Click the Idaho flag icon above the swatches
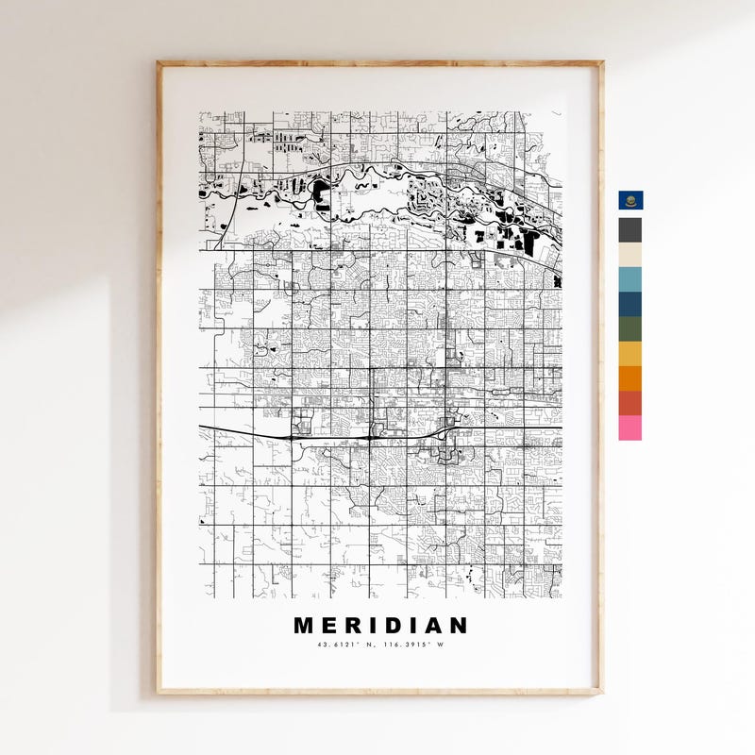tap(630, 201)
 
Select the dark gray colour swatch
tap(630, 229)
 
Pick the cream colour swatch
tap(630, 254)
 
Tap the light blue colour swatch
tap(630, 278)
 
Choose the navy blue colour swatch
tap(630, 303)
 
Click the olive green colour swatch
tap(630, 328)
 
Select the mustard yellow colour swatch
tap(630, 353)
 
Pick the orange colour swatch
tap(630, 377)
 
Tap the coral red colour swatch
tap(630, 402)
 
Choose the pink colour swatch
tap(630, 428)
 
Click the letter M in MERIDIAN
tap(304, 626)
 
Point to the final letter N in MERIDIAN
tap(457, 626)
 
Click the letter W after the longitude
tap(439, 646)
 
